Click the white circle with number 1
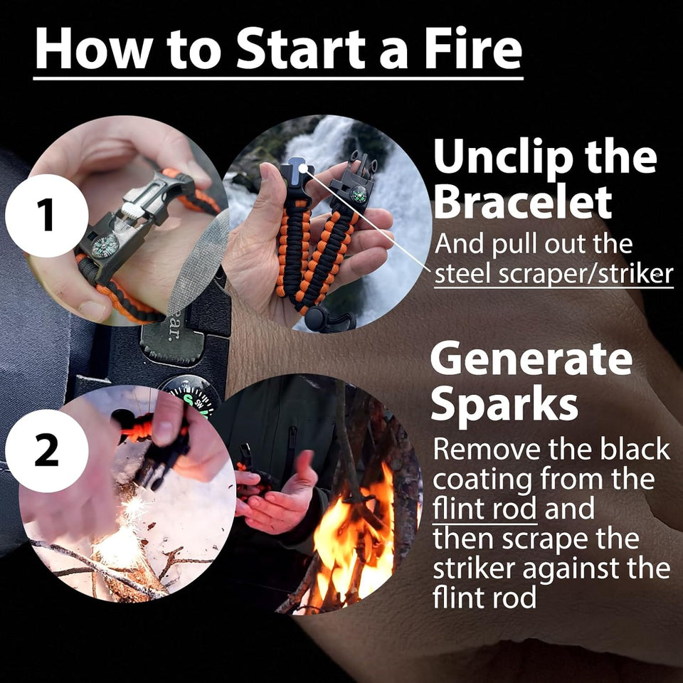click(47, 216)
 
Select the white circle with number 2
click(47, 451)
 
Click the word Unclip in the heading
click(494, 157)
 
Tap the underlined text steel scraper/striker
click(553, 274)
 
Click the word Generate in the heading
click(531, 360)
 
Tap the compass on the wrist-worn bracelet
click(105, 246)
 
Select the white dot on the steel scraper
click(303, 169)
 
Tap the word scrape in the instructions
click(558, 539)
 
